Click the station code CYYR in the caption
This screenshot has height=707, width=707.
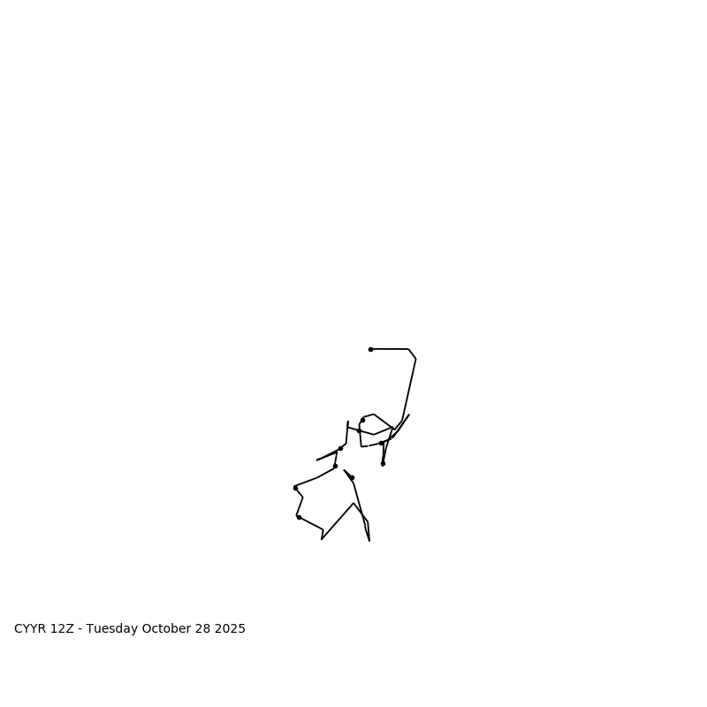pyautogui.click(x=30, y=629)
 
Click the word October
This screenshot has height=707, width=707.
pyautogui.click(x=163, y=629)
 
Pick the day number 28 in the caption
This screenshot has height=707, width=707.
pyautogui.click(x=200, y=629)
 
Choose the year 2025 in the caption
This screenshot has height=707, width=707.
pyautogui.click(x=229, y=629)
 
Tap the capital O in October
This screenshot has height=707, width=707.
pyautogui.click(x=142, y=629)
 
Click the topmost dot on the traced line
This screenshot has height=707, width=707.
pyautogui.click(x=370, y=349)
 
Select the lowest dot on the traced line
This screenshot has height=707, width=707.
pyautogui.click(x=299, y=517)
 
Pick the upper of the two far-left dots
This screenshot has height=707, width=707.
pyautogui.click(x=295, y=488)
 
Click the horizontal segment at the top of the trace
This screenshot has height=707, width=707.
pyautogui.click(x=390, y=349)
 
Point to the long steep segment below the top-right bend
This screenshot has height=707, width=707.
pyautogui.click(x=409, y=389)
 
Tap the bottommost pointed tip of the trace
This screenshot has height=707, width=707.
pyautogui.click(x=369, y=541)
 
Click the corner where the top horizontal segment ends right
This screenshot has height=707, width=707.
pyautogui.click(x=408, y=349)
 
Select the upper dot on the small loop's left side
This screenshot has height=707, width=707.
pyautogui.click(x=362, y=420)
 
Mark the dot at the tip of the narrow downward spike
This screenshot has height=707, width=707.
pyautogui.click(x=383, y=463)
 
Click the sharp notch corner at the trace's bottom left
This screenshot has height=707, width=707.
pyautogui.click(x=322, y=538)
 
